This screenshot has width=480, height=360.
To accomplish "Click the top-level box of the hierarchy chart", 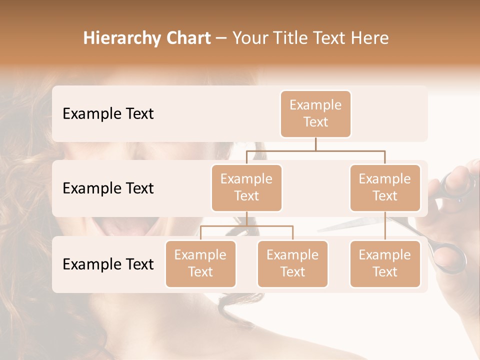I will (x=315, y=113).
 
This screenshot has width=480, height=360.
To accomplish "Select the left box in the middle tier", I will (x=246, y=187).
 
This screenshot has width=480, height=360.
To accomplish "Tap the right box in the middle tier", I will (x=385, y=187).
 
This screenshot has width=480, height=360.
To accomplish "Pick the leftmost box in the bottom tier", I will (x=200, y=263).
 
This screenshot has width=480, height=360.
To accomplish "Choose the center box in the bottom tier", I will (x=292, y=263).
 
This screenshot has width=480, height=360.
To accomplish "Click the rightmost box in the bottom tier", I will (x=385, y=263).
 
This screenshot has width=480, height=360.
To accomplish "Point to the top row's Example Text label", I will (x=108, y=113).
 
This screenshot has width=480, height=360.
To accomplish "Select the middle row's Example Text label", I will (x=108, y=188).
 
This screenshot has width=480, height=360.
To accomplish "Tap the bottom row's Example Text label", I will (x=108, y=264).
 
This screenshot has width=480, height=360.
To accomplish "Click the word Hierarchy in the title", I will (x=121, y=38).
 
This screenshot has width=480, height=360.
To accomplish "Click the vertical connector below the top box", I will (x=315, y=144).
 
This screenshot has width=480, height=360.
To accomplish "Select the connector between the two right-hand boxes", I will (x=385, y=226).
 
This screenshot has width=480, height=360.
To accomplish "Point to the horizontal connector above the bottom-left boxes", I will (x=246, y=226).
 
